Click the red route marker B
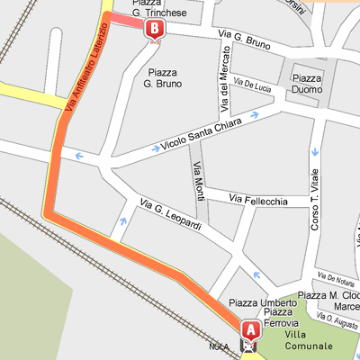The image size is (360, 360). coord(155,29)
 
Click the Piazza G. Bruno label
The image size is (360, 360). coord(163,77)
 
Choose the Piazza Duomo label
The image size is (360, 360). coord(308,85)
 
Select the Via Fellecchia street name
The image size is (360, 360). coord(258,198)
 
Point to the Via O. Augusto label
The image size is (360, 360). coord(341,319)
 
